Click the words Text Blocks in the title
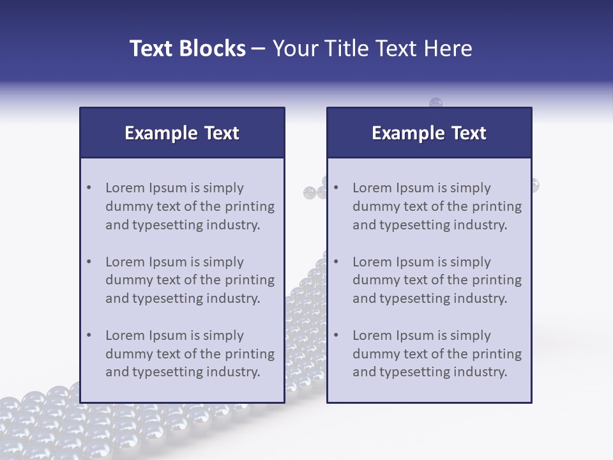(187, 49)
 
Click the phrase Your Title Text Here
(372, 49)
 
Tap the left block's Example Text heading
(182, 133)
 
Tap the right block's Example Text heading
(429, 133)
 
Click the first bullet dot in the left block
(89, 188)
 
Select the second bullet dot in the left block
(89, 262)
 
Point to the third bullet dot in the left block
(89, 335)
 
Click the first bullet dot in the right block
(336, 188)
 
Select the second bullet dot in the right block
(336, 262)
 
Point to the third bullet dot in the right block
(336, 335)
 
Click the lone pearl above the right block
(435, 103)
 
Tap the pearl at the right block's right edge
(535, 185)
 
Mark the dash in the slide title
(259, 49)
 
